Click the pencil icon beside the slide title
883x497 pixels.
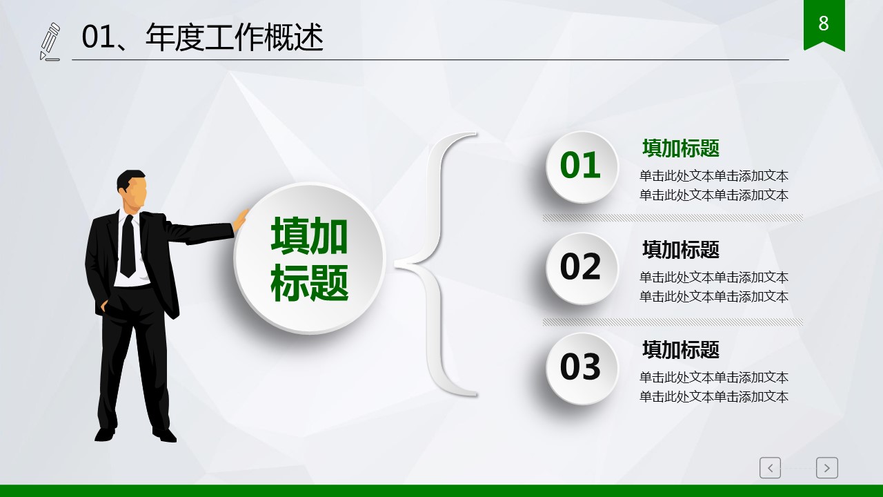50,42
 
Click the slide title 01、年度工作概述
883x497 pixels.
202,37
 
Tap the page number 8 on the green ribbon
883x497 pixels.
824,23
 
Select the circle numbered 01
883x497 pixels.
582,167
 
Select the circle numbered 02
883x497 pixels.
582,269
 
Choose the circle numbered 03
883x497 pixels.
582,369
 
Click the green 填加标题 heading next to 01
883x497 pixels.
681,148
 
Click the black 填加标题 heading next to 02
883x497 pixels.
681,250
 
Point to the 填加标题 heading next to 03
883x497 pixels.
681,350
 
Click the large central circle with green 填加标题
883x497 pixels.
309,258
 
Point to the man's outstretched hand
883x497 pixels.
240,220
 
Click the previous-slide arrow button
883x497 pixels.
770,468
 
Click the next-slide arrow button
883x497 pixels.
826,468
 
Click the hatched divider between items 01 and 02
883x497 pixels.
673,218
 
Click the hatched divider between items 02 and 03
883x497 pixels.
673,322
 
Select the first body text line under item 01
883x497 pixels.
713,176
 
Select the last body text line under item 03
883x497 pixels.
713,396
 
